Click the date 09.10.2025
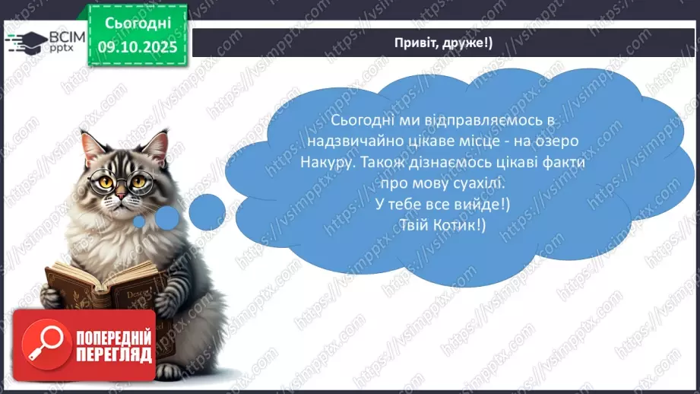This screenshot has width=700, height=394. click(138, 46)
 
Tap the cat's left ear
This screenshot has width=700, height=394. click(91, 145)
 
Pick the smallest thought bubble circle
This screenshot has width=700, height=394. click(139, 221)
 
